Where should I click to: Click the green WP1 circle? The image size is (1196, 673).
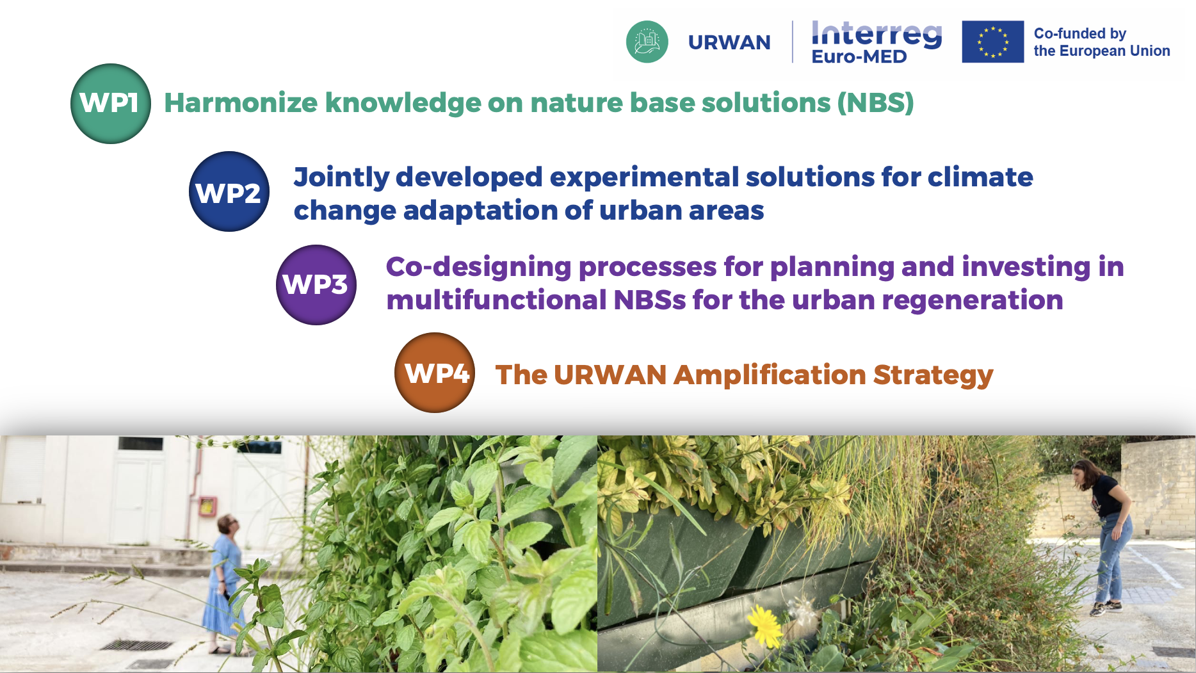pyautogui.click(x=111, y=104)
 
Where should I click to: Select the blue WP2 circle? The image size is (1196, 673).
pyautogui.click(x=229, y=191)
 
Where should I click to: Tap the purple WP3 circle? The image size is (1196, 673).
pyautogui.click(x=316, y=285)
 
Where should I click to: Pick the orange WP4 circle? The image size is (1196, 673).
pyautogui.click(x=435, y=373)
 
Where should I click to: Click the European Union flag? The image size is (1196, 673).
pyautogui.click(x=992, y=42)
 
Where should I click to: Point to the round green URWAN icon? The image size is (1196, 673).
pyautogui.click(x=647, y=42)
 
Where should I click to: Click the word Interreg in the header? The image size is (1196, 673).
pyautogui.click(x=877, y=33)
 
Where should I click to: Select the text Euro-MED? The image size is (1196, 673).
pyautogui.click(x=859, y=56)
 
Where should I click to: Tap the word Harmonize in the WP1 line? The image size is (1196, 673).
pyautogui.click(x=241, y=102)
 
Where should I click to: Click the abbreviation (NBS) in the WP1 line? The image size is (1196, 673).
pyautogui.click(x=875, y=102)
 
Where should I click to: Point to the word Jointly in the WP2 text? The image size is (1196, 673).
pyautogui.click(x=341, y=177)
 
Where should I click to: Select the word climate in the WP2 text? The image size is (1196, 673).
pyautogui.click(x=980, y=177)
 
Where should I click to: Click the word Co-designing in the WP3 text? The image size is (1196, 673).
pyautogui.click(x=478, y=268)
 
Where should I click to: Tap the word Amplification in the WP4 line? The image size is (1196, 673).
pyautogui.click(x=769, y=375)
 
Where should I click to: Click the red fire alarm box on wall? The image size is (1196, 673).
pyautogui.click(x=207, y=507)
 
